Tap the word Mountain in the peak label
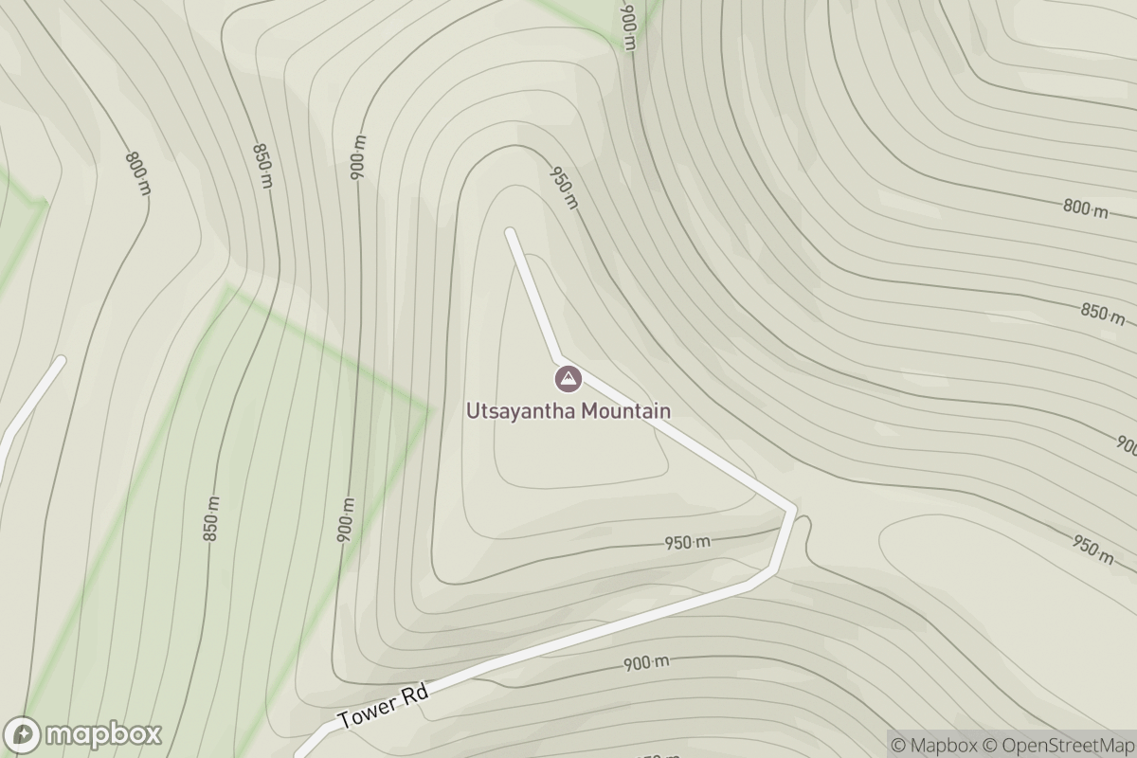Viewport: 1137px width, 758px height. click(626, 411)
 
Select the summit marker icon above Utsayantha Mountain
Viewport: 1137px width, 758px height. click(568, 381)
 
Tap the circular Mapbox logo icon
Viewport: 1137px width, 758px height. click(22, 735)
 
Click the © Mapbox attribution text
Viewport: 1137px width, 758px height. click(934, 745)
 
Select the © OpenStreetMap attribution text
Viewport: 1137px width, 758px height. click(1056, 745)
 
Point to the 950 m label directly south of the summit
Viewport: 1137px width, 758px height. click(687, 543)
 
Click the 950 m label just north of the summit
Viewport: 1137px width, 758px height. click(563, 187)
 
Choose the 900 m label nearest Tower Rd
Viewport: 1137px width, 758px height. click(646, 663)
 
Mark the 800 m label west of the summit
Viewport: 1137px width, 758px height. click(138, 173)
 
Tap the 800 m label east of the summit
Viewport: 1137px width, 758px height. click(1085, 208)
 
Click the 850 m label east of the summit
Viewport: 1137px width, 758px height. click(1102, 313)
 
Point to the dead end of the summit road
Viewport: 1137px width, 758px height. click(511, 231)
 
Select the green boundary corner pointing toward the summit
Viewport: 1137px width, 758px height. click(428, 408)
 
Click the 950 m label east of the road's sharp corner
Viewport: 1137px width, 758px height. click(1092, 548)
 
